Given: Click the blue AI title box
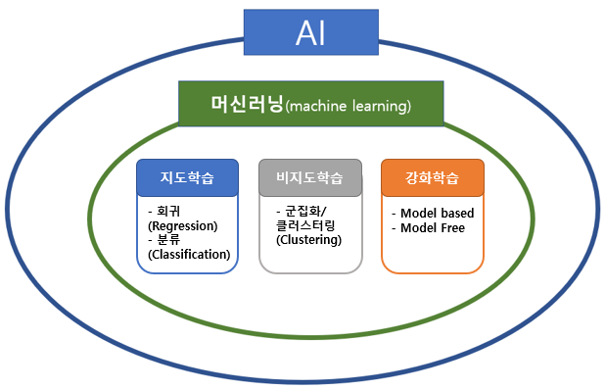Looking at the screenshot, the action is pos(311,32).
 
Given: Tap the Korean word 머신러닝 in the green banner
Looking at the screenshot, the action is pos(247,104).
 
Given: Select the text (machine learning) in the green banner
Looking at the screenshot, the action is pos(349,106).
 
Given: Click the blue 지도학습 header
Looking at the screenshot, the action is pos(188,177).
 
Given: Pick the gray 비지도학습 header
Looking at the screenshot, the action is pos(310,177).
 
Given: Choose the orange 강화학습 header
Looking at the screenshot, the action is pos(433,177).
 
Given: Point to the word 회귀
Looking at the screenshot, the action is pos(168,212).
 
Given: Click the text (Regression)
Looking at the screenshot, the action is pos(183,226).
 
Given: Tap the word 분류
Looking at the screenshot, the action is pos(168,240).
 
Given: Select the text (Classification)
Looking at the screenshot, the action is pos(189,255).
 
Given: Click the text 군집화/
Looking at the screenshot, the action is pos(305,212).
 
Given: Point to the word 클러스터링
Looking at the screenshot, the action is pos(305,225).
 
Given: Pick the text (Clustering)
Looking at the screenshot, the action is pos(309,240).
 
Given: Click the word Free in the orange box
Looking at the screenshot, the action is pos(452,228).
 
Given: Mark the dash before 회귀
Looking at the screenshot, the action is pos(150,212).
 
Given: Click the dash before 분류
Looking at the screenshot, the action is pos(150,240).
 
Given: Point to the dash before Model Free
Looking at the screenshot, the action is pos(394,228).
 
